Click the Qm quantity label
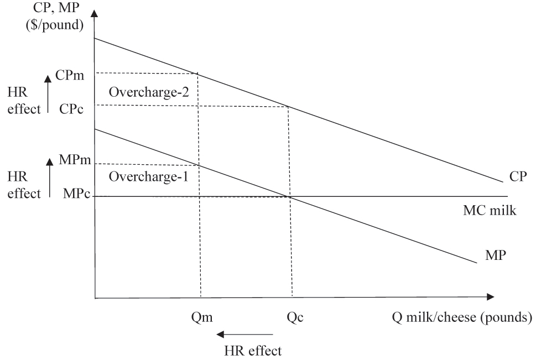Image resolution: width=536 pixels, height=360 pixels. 200,317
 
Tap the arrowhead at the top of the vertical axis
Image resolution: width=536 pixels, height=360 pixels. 95,13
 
